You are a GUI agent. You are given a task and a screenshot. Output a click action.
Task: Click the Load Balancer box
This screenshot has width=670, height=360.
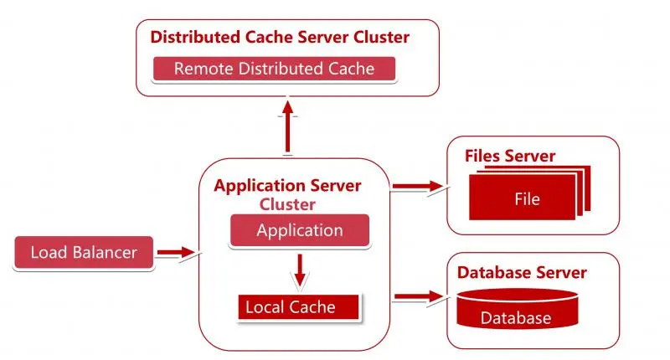84,252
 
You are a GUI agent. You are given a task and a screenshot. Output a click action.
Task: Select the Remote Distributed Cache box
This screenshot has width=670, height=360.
274,69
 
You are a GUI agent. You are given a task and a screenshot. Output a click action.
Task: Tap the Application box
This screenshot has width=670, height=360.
300,230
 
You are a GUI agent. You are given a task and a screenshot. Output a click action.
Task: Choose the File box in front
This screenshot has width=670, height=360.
527,199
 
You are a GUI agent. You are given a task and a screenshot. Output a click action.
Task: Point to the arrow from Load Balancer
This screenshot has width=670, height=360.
176,251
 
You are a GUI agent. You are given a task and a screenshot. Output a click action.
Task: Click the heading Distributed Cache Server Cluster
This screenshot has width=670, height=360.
280,38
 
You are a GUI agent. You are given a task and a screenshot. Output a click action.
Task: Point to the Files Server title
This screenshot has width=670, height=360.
510,157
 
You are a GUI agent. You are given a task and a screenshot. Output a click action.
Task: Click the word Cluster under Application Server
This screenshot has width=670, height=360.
287,204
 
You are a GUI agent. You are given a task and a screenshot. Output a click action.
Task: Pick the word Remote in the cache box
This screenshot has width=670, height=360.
202,69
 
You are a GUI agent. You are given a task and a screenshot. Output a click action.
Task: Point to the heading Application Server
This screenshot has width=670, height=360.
287,186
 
